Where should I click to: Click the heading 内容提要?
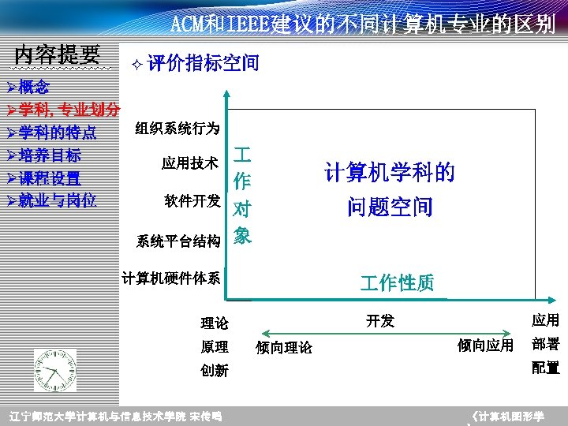[57, 55]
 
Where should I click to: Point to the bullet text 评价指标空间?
[203, 63]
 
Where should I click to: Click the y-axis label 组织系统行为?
[177, 128]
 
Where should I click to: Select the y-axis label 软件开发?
[192, 200]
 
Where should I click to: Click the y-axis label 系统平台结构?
[177, 241]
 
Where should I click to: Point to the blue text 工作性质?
[398, 283]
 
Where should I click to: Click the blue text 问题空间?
[390, 207]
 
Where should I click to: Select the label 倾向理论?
[284, 348]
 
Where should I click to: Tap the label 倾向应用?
[485, 346]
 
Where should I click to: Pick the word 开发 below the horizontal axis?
[380, 320]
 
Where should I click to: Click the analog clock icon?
[55, 372]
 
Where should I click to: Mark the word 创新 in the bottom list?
[215, 371]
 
